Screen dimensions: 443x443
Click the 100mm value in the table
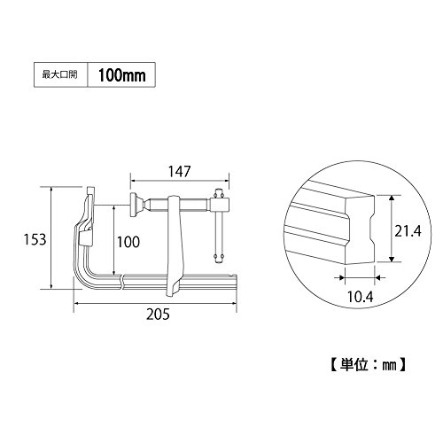coord(121,75)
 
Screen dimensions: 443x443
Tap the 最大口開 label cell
coord(61,75)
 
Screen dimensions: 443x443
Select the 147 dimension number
coord(179,171)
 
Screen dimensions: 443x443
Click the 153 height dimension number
coord(35,239)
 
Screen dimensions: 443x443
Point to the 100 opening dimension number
coord(128,242)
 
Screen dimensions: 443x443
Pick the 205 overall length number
coord(159,315)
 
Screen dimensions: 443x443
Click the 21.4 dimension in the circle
coord(408,230)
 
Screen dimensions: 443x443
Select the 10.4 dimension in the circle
coord(360,297)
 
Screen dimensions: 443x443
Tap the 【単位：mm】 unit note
coord(368,365)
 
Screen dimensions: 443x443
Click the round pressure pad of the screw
coord(135,205)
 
